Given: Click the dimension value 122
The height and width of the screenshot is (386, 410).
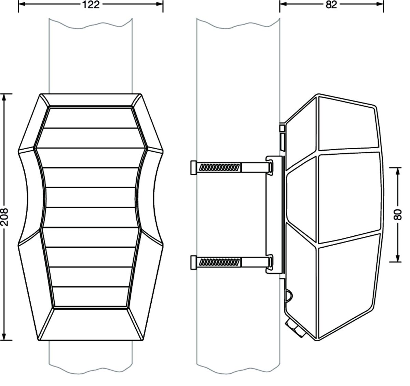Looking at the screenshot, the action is (x=91, y=4).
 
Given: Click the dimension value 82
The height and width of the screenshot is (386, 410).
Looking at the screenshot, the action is (x=331, y=4).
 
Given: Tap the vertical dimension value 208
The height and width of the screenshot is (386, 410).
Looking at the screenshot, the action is (x=4, y=217).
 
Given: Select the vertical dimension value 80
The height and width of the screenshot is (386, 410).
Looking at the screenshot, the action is (x=398, y=215).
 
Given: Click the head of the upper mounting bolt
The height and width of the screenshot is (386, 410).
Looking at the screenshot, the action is (x=194, y=168).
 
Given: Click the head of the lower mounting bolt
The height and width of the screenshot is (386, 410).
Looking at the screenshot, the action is (x=194, y=263).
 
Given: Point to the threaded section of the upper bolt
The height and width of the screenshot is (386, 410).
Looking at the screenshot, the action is (x=219, y=168).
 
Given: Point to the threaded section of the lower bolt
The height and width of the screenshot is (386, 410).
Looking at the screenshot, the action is (x=219, y=263).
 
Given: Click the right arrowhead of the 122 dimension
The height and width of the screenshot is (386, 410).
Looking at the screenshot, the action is (x=160, y=4).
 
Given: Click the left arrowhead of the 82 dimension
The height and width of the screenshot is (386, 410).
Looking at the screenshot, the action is (x=283, y=4).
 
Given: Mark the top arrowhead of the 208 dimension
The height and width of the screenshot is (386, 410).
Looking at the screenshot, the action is (x=4, y=97).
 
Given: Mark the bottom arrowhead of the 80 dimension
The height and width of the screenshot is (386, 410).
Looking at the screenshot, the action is (x=398, y=259).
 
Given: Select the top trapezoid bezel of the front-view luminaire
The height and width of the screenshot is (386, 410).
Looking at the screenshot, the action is (x=91, y=100).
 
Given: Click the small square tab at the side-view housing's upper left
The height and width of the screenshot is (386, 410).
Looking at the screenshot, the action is (x=282, y=128).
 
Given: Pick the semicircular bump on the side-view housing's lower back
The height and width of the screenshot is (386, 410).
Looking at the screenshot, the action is (x=289, y=297).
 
